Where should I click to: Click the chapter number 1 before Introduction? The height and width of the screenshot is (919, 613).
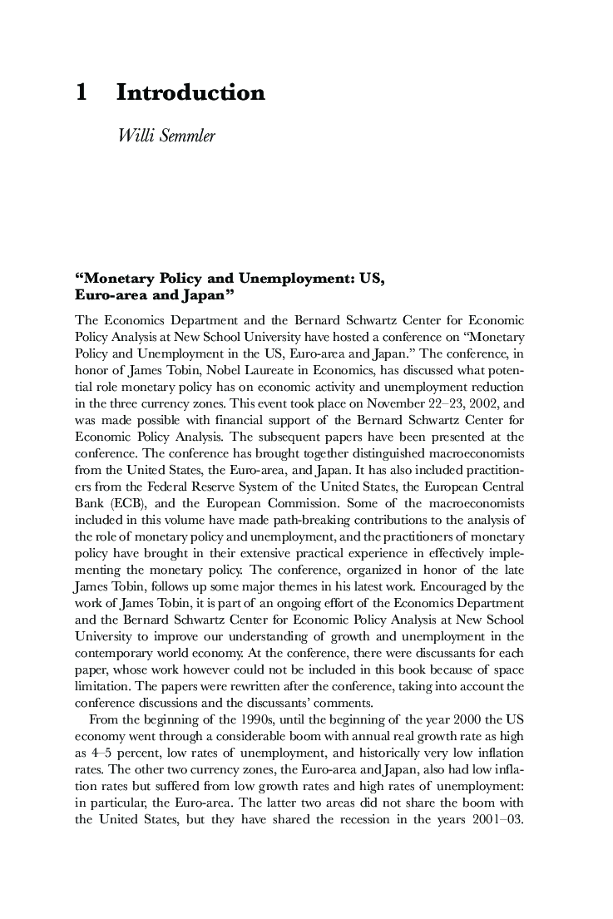[x=82, y=93]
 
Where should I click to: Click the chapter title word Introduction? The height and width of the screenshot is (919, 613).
[x=190, y=93]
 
